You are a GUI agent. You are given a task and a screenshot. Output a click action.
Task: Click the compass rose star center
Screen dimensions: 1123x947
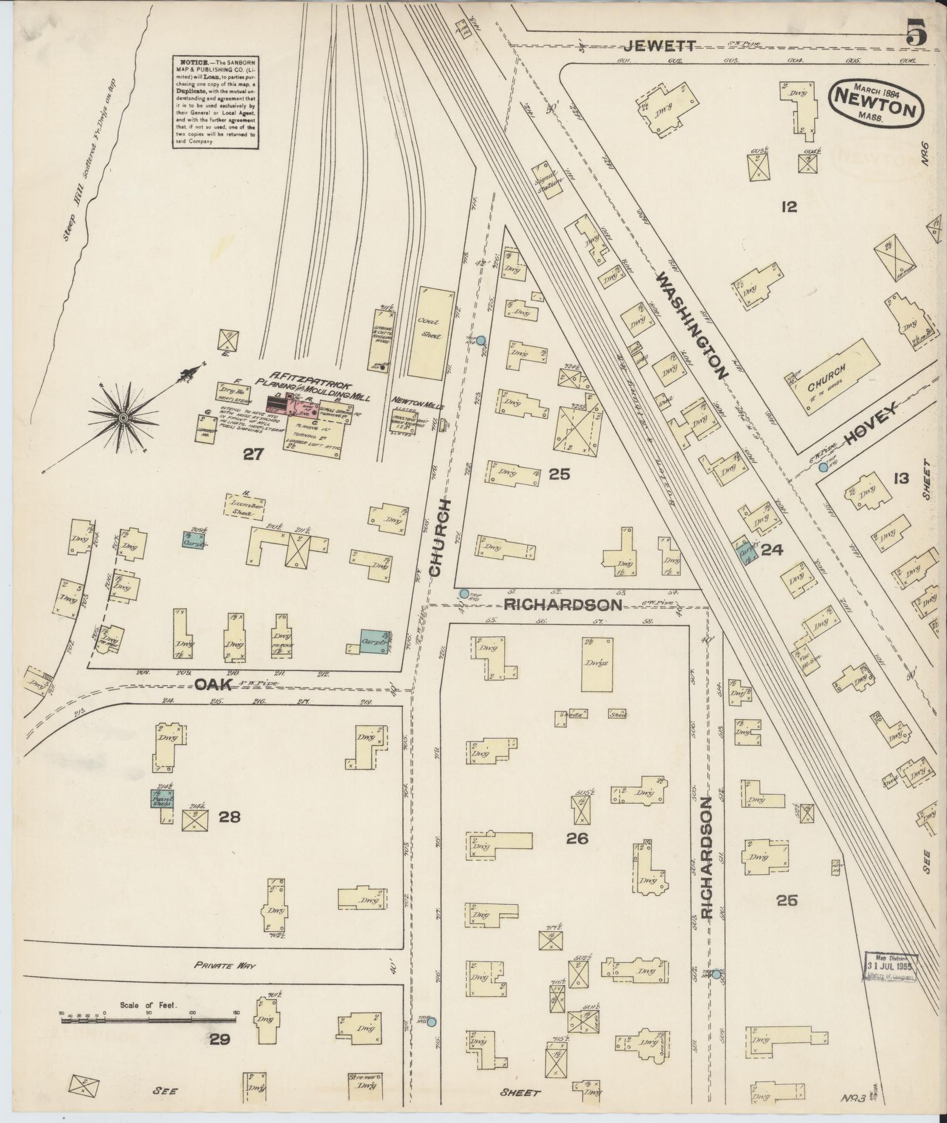click(x=123, y=417)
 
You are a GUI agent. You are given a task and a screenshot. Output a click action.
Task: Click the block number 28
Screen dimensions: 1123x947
click(x=229, y=817)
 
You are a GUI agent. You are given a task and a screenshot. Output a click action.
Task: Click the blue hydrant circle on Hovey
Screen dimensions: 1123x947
click(x=823, y=468)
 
